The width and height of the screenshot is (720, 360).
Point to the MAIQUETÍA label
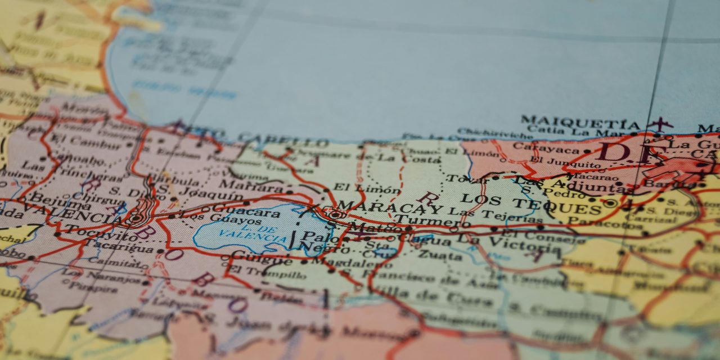click(x=580, y=122)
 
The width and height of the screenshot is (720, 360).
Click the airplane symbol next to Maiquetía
click(x=660, y=123)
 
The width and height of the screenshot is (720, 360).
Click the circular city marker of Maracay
click(x=336, y=214)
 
